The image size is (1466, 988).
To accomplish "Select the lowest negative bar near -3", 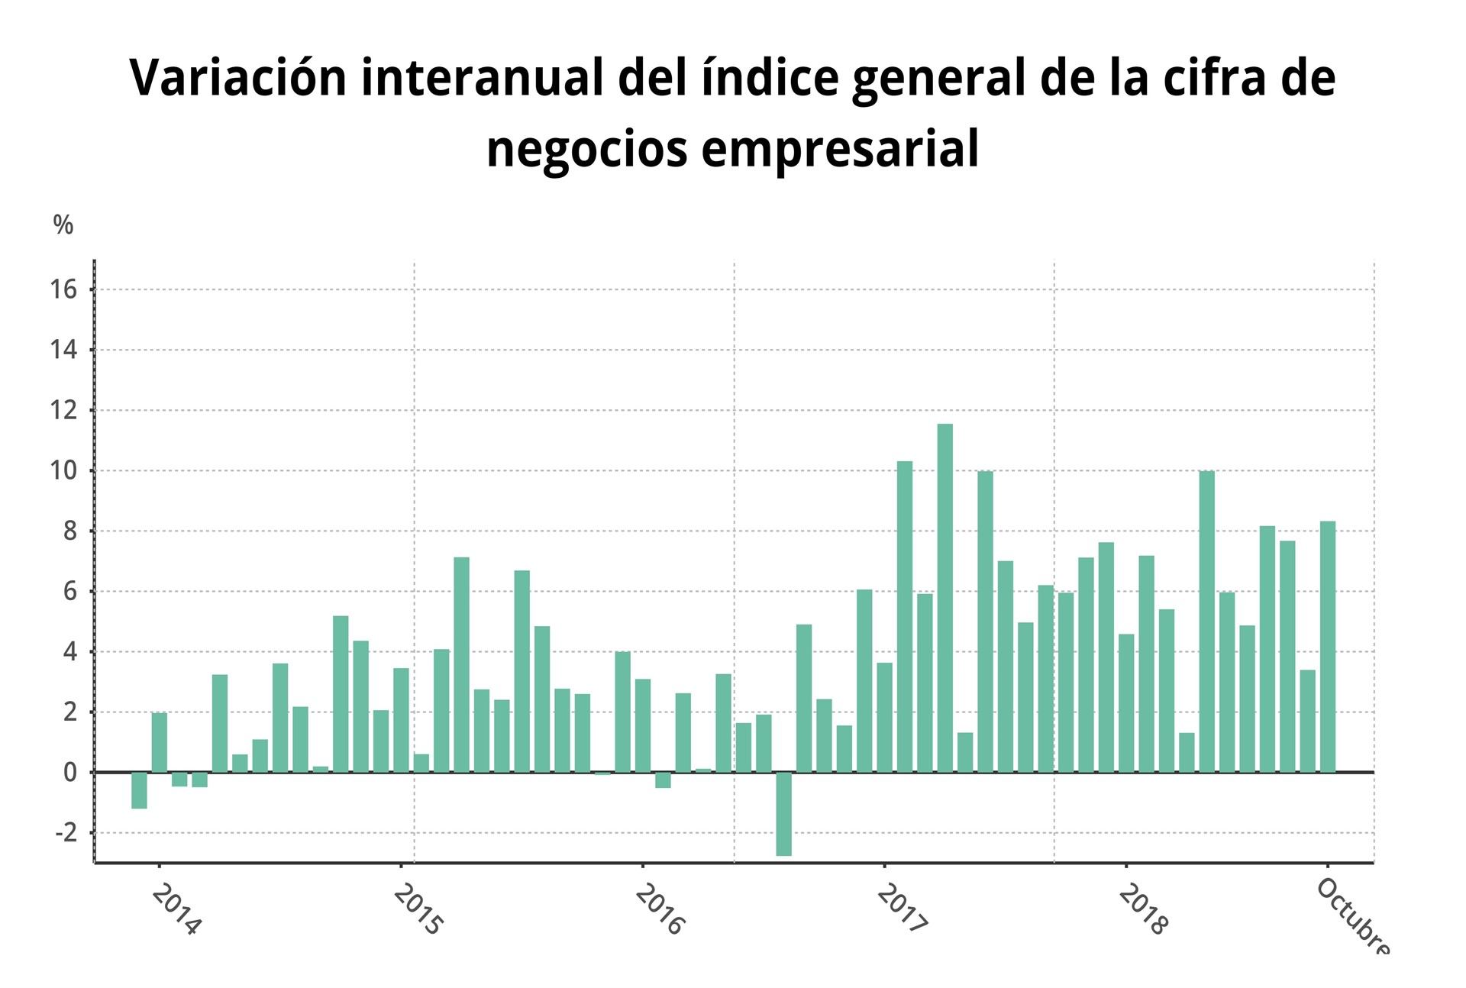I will (x=784, y=814).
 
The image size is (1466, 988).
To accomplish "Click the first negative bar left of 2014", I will (x=139, y=790).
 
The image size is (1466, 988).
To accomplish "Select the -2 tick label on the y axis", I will (x=66, y=833).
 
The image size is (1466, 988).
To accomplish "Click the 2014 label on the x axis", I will (x=176, y=909).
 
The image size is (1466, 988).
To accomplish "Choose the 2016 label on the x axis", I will (x=659, y=909).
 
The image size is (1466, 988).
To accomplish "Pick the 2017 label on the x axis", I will (x=901, y=909).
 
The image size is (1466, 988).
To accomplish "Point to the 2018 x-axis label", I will (x=1142, y=909).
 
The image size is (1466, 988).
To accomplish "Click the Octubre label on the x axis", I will (x=1353, y=916).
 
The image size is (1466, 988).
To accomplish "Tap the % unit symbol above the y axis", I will (x=63, y=225).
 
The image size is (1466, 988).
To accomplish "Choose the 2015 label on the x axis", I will (x=418, y=909).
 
